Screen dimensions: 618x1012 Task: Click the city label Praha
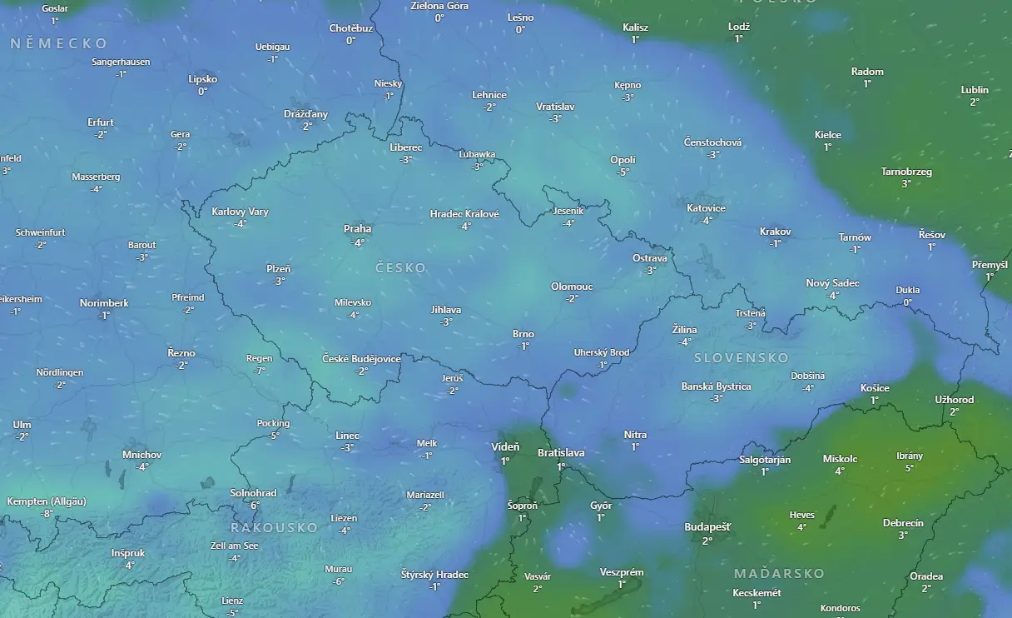(358, 229)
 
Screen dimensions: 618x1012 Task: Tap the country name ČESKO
(400, 268)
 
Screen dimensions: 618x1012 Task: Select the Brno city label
(523, 334)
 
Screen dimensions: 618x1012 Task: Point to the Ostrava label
(650, 258)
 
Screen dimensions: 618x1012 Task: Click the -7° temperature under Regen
(260, 371)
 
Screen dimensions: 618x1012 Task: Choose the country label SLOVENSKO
(741, 358)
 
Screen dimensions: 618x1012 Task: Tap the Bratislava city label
(561, 453)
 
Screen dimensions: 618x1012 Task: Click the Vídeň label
(505, 447)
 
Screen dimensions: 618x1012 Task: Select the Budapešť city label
(707, 527)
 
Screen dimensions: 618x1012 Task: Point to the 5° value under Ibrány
(909, 468)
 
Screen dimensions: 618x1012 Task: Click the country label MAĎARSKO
(779, 574)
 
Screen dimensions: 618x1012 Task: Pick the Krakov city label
(775, 232)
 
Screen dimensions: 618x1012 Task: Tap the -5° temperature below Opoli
(623, 172)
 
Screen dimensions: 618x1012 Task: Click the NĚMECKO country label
(59, 43)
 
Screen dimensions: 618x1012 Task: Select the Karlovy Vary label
(240, 212)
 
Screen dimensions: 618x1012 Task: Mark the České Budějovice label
(361, 359)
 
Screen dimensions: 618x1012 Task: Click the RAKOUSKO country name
(274, 528)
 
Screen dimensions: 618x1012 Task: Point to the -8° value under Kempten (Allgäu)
(47, 514)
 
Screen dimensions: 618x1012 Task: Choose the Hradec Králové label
(464, 214)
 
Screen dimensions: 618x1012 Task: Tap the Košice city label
(875, 388)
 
